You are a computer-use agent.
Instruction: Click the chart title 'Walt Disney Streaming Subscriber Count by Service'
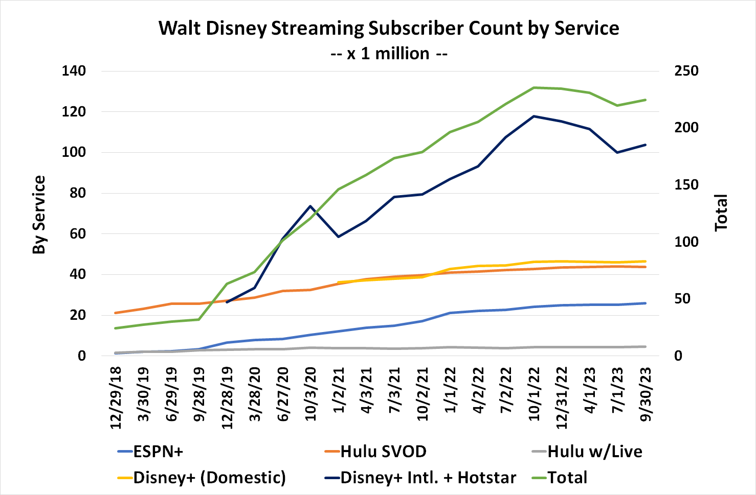click(389, 28)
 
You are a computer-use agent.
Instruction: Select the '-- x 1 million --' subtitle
click(389, 53)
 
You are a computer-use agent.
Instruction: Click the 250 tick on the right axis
click(686, 71)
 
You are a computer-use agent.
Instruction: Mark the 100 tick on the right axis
click(686, 242)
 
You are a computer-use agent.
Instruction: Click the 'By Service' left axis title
click(39, 215)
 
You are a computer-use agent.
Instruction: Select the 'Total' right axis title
click(721, 213)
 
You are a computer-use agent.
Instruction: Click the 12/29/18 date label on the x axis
click(116, 397)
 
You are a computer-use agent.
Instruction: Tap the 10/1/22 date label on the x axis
click(535, 394)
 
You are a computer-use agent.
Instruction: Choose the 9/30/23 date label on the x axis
click(647, 394)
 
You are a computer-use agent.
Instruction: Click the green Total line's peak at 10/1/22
click(534, 87)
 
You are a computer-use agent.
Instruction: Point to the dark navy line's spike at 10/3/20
click(310, 206)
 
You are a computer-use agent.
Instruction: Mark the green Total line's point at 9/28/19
click(199, 319)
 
